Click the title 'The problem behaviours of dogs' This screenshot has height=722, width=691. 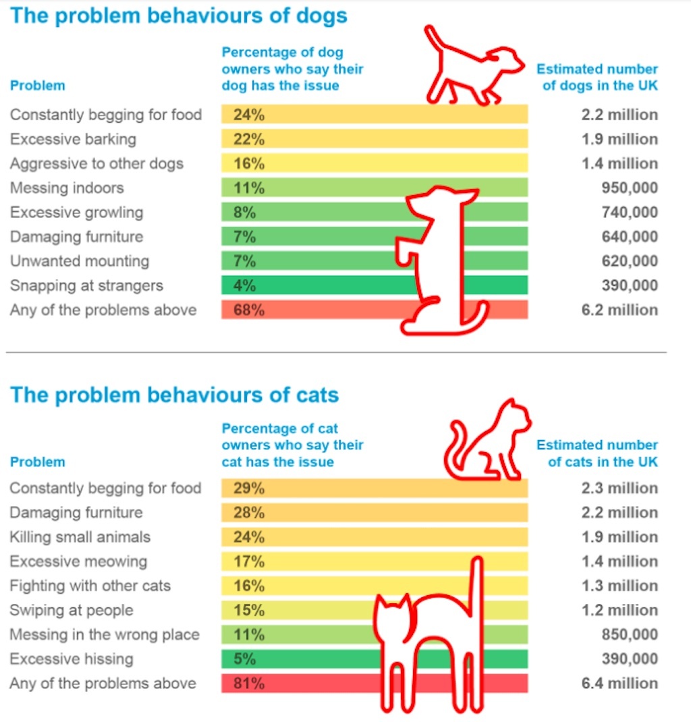(x=178, y=16)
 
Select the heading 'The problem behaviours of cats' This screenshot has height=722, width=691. (x=174, y=395)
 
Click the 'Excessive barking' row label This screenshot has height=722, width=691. (x=73, y=140)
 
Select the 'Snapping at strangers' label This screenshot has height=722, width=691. (x=86, y=286)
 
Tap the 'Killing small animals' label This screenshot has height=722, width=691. (x=80, y=538)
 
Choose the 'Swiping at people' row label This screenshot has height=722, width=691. (x=72, y=611)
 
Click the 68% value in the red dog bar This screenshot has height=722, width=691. (x=244, y=310)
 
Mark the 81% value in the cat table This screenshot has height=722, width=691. (x=244, y=684)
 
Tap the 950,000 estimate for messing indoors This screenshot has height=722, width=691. (x=629, y=188)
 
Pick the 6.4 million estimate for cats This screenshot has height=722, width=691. (x=619, y=684)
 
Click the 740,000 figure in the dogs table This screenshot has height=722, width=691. (x=629, y=213)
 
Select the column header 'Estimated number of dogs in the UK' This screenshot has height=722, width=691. (x=598, y=78)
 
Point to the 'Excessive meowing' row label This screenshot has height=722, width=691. (x=78, y=562)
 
